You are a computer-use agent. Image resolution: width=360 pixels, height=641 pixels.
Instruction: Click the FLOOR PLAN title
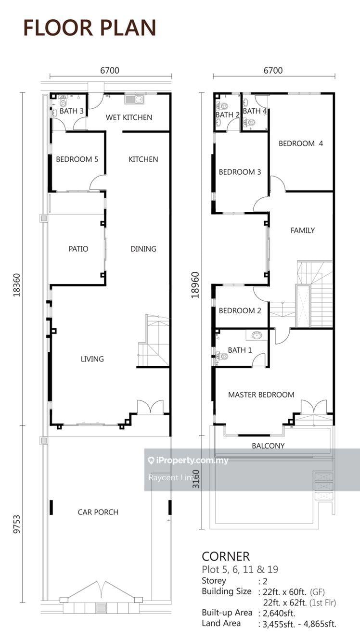[90, 28]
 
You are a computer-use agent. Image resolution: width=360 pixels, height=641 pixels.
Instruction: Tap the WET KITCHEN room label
[129, 117]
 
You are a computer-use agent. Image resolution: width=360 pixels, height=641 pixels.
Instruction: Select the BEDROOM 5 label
[77, 159]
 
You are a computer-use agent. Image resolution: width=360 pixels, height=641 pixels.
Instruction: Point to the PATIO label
[78, 249]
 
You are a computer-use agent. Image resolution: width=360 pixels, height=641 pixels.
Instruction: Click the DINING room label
[143, 249]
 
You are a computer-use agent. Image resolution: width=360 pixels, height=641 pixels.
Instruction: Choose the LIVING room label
[92, 359]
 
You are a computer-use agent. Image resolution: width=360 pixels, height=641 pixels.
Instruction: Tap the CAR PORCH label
[98, 512]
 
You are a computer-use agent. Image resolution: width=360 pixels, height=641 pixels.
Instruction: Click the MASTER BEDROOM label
[261, 395]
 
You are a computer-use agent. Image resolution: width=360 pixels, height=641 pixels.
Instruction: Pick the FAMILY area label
[303, 230]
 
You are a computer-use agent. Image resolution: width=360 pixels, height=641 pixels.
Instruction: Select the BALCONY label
[268, 446]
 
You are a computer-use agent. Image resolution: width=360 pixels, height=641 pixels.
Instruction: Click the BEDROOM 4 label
[301, 143]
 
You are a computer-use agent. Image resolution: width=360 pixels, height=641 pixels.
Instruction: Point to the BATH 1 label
[240, 350]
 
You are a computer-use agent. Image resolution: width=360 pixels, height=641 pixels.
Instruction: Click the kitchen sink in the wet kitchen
[134, 99]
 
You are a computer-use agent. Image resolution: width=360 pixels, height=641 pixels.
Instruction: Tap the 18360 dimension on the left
[17, 285]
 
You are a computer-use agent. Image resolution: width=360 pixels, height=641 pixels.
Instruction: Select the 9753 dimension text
[17, 524]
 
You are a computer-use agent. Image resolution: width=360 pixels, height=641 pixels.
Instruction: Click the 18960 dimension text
[195, 285]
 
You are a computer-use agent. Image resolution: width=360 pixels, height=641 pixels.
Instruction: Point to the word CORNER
[226, 557]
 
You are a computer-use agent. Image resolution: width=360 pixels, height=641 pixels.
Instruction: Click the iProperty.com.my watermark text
[189, 461]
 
